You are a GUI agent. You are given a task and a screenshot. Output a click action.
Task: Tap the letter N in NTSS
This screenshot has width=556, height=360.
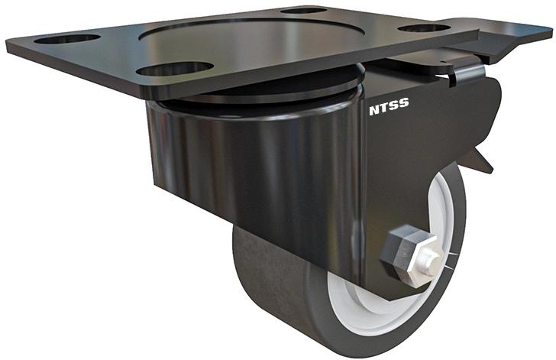tap(374, 110)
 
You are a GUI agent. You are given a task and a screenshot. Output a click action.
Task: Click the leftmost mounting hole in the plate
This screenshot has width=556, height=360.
tap(67, 37)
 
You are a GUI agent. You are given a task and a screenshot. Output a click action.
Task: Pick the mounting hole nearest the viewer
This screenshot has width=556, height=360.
tap(175, 69)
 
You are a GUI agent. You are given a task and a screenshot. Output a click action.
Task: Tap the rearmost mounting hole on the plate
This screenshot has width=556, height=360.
tap(303, 11)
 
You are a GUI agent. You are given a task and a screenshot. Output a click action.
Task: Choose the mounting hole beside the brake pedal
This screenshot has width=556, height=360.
tap(423, 28)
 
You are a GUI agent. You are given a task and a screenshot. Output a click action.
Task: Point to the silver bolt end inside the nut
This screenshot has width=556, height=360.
tap(427, 263)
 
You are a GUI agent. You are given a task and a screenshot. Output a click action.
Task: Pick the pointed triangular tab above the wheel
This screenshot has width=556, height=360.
tap(481, 160)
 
